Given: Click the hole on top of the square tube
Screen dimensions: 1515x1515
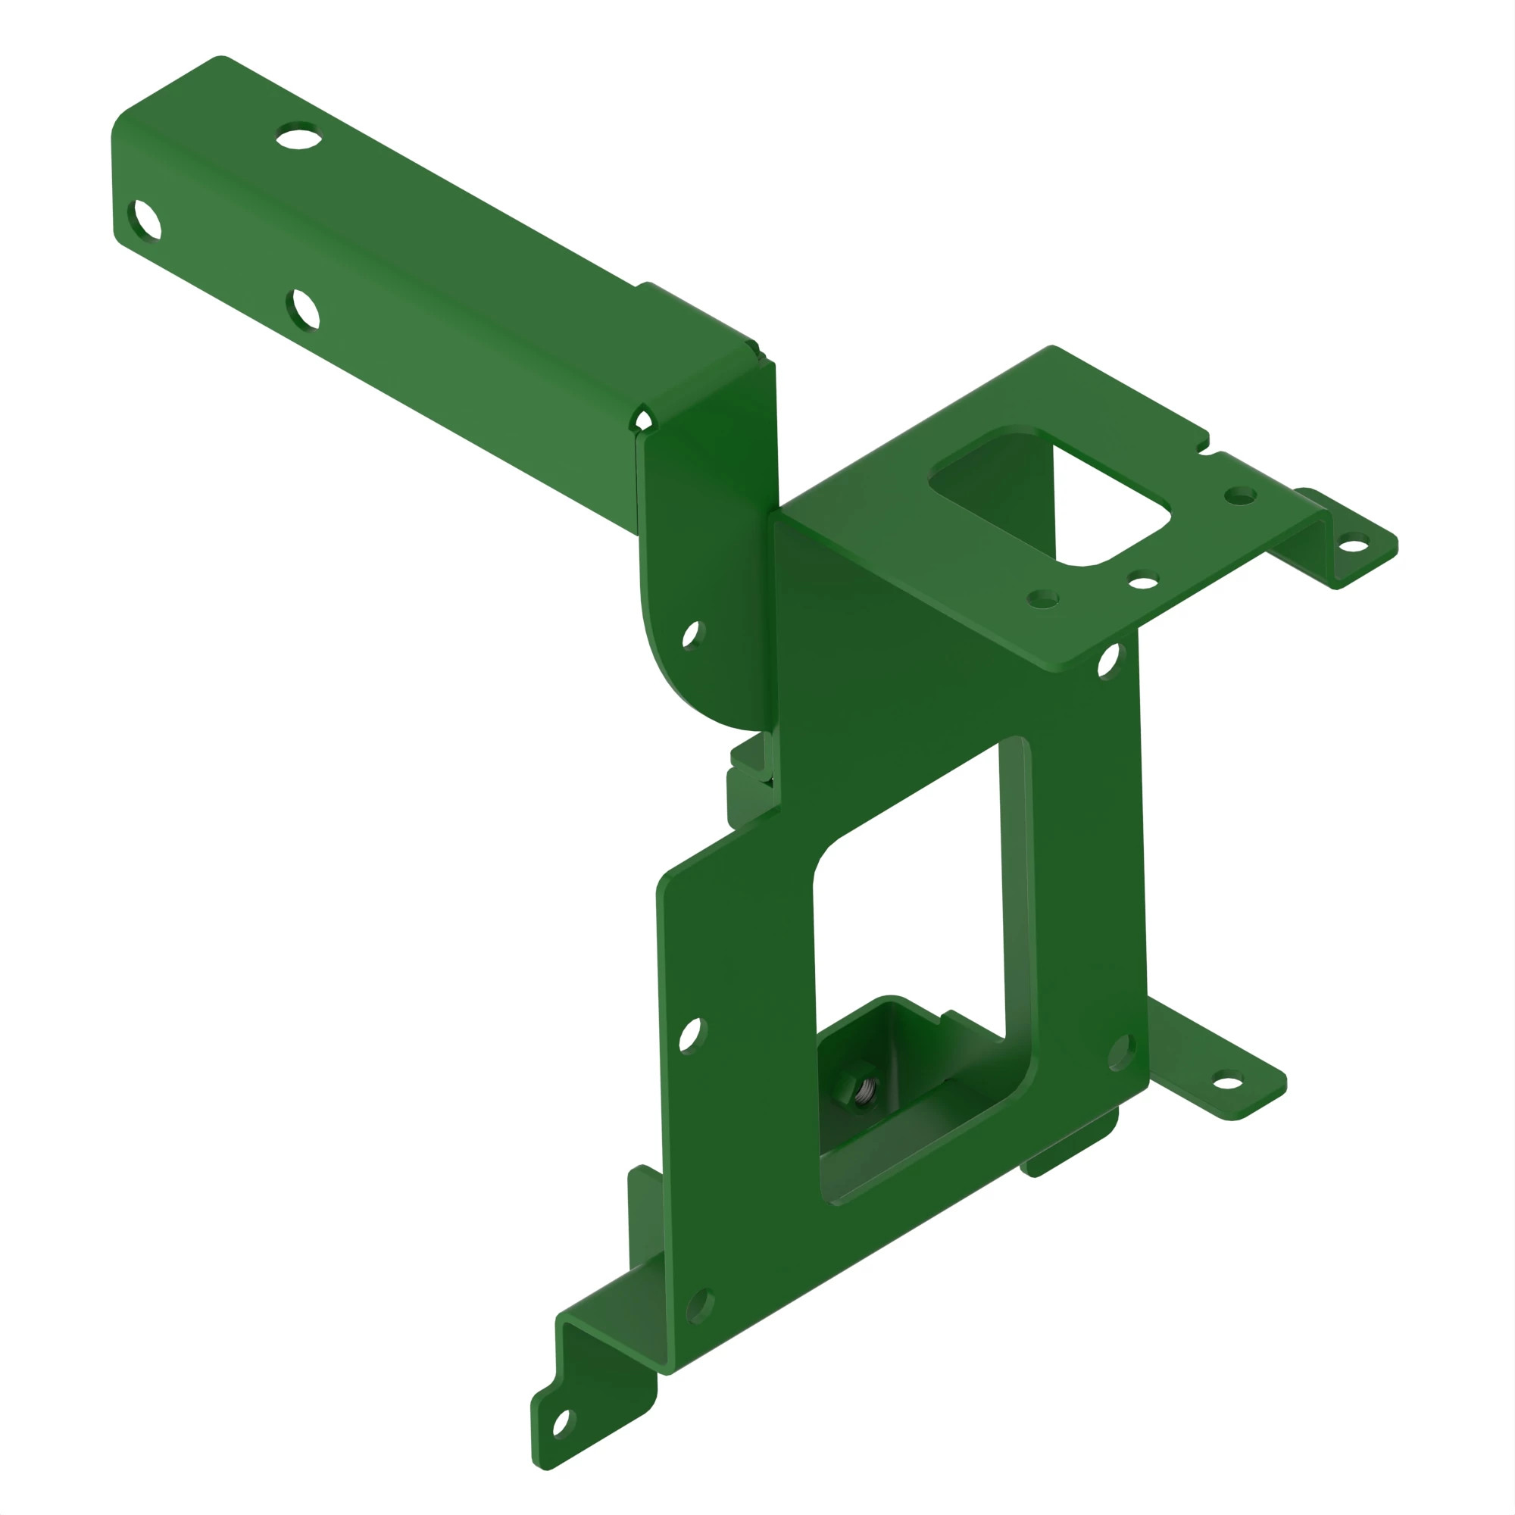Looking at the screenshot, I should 298,137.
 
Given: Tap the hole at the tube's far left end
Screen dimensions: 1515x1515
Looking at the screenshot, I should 146,220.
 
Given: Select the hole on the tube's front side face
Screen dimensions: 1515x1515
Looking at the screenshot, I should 305,309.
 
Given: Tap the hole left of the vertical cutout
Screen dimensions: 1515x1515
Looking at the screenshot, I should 690,1035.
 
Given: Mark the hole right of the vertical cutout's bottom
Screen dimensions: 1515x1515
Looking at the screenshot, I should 1120,1051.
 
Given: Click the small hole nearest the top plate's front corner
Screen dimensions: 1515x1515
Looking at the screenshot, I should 1042,600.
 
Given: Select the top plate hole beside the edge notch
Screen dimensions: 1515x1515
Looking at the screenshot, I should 1241,495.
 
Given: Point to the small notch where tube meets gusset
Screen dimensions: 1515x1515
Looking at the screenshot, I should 643,421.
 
